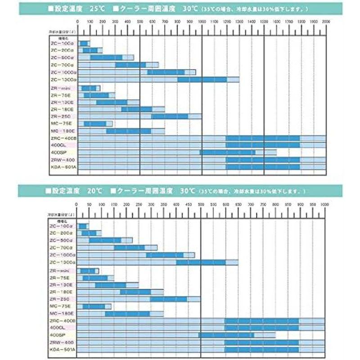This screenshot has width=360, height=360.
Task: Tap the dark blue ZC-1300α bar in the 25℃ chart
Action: coord(202,80)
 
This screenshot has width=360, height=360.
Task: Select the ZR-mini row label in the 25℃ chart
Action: coord(60,88)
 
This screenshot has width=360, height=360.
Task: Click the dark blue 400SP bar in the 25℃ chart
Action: coord(228,153)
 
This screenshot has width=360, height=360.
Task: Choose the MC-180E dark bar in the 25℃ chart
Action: coord(129,131)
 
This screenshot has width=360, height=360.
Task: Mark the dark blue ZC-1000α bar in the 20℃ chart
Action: coord(165,255)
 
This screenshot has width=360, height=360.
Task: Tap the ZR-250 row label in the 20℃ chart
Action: coord(59,299)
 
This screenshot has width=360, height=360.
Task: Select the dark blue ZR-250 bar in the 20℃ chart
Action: coord(168,299)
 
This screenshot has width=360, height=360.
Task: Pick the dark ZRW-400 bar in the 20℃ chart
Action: coord(261,342)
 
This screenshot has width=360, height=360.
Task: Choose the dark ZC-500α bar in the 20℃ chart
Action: coord(105,240)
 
